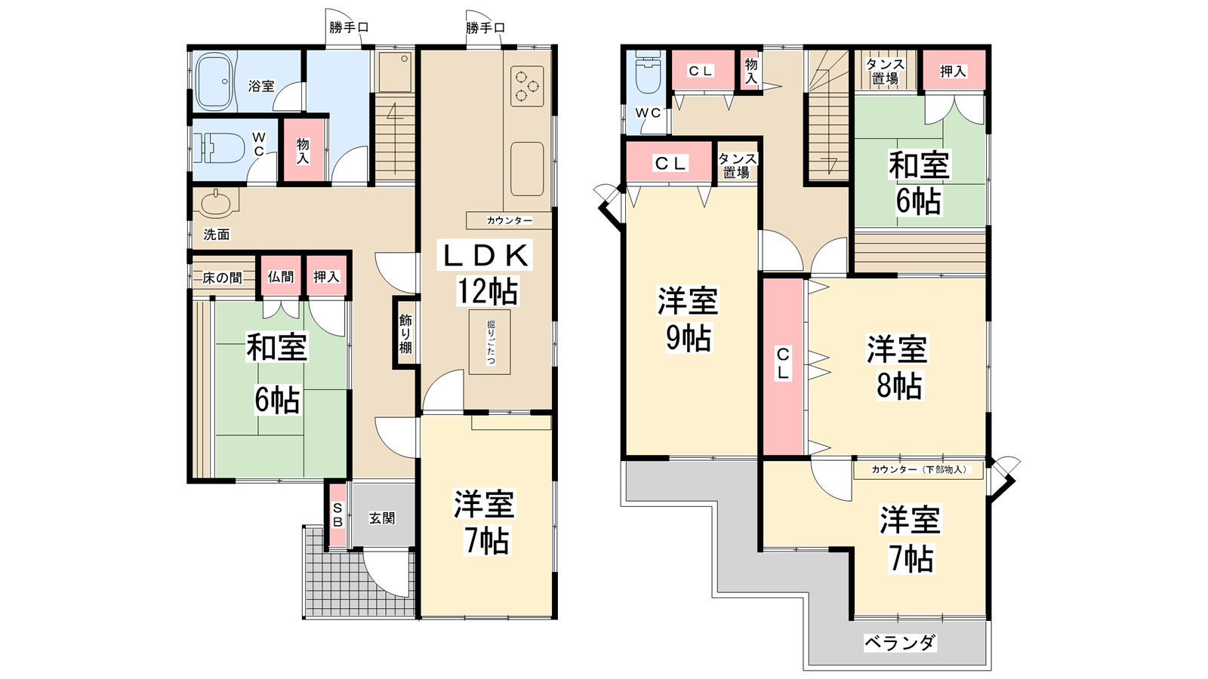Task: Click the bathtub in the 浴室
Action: (x=214, y=81)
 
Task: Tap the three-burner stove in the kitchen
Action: (x=526, y=86)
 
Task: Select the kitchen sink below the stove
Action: (x=527, y=169)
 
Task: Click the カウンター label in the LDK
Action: (x=509, y=220)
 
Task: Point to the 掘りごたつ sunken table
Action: (x=490, y=343)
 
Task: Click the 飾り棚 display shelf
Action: (x=405, y=333)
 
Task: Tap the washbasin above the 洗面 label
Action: (x=219, y=203)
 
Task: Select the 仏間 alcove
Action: (x=281, y=276)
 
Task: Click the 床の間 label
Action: (x=222, y=278)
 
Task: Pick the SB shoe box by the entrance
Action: (x=337, y=515)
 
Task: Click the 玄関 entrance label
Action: (x=382, y=518)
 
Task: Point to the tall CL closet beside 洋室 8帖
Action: (x=783, y=367)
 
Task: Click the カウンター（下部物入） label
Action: (x=919, y=469)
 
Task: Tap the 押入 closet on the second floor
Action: (x=954, y=70)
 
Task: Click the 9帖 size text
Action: (x=689, y=339)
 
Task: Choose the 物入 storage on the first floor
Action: (x=303, y=150)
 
